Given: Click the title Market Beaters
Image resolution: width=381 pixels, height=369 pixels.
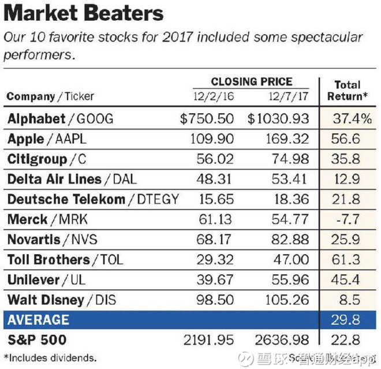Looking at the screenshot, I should tap(84, 13).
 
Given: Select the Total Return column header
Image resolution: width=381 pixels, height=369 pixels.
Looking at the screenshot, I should tap(347, 91).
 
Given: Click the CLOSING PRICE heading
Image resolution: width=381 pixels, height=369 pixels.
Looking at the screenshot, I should tap(251, 82).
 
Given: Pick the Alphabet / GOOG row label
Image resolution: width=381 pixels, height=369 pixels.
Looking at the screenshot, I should tap(61, 119).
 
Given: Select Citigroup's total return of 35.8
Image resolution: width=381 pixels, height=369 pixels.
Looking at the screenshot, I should tap(346, 159).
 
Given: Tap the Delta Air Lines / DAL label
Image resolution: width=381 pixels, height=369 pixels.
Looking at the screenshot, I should tap(72, 179).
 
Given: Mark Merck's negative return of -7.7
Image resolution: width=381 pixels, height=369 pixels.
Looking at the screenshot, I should tap(346, 219).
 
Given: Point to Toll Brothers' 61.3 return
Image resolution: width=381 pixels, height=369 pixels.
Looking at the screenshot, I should tap(346, 260).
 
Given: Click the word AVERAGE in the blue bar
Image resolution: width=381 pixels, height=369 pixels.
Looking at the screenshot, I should tap(38, 320).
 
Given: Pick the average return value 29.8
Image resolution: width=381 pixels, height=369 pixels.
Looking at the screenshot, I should tap(346, 320).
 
